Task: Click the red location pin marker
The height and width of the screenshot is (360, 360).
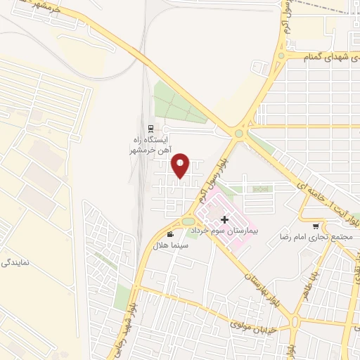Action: (181, 165)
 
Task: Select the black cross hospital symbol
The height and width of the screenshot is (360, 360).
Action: (224, 220)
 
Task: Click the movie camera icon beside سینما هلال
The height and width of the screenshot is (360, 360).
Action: (170, 233)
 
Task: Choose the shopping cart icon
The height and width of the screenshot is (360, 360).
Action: (316, 226)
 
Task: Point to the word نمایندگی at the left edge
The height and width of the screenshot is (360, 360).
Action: (14, 262)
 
